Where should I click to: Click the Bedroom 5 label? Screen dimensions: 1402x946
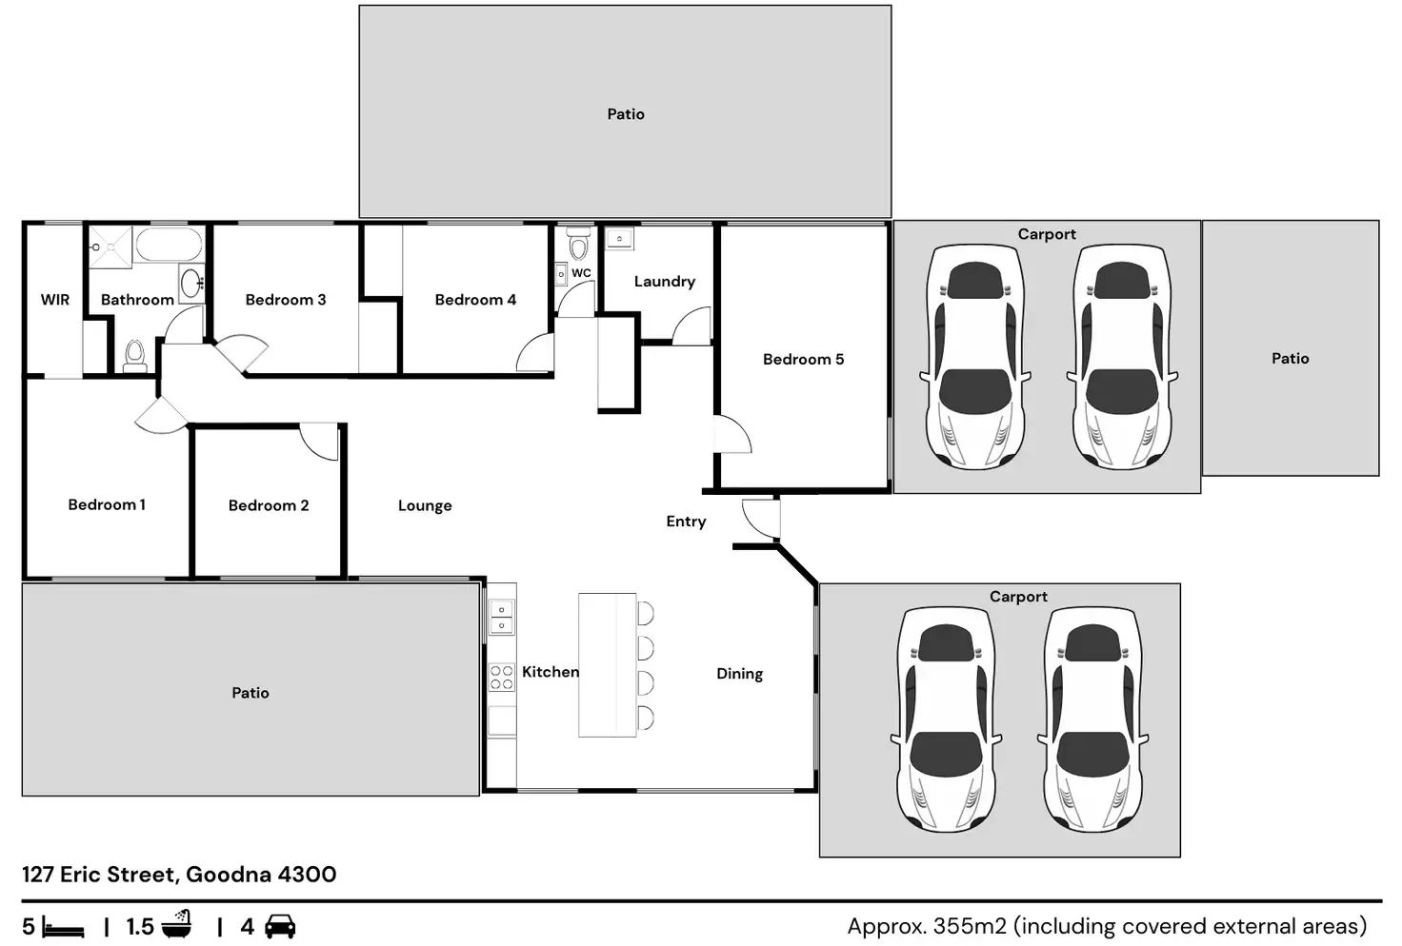pyautogui.click(x=803, y=359)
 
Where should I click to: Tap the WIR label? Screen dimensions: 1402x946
pyautogui.click(x=55, y=300)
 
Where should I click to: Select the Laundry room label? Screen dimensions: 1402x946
pyautogui.click(x=664, y=282)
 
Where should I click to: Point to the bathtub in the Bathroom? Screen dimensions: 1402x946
pyautogui.click(x=169, y=245)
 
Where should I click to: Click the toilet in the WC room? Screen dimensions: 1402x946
pyautogui.click(x=579, y=244)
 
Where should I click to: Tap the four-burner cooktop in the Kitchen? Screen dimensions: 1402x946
pyautogui.click(x=501, y=678)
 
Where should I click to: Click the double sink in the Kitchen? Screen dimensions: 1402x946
pyautogui.click(x=501, y=617)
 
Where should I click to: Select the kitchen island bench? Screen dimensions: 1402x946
pyautogui.click(x=607, y=664)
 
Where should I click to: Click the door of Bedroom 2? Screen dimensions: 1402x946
pyautogui.click(x=319, y=442)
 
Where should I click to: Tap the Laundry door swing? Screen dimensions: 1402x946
pyautogui.click(x=691, y=325)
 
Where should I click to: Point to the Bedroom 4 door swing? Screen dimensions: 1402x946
pyautogui.click(x=535, y=352)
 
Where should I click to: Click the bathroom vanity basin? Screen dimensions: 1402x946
pyautogui.click(x=191, y=284)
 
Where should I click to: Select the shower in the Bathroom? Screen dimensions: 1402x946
pyautogui.click(x=110, y=247)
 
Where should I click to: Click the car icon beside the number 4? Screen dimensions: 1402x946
pyautogui.click(x=280, y=926)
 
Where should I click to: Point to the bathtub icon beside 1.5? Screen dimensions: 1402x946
pyautogui.click(x=177, y=923)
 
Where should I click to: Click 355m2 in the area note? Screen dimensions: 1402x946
pyautogui.click(x=971, y=926)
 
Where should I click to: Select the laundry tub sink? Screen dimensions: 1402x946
pyautogui.click(x=620, y=238)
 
